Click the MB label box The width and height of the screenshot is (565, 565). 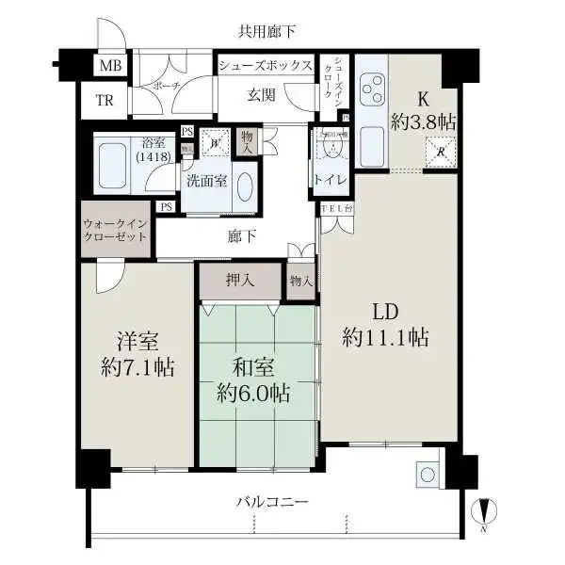[x=110, y=66]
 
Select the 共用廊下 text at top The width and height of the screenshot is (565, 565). [x=266, y=32]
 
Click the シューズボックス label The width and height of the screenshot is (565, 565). [x=265, y=66]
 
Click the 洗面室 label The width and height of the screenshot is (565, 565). [x=204, y=181]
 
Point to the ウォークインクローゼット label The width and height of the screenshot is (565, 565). [x=115, y=231]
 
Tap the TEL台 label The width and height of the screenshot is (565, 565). [x=335, y=209]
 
